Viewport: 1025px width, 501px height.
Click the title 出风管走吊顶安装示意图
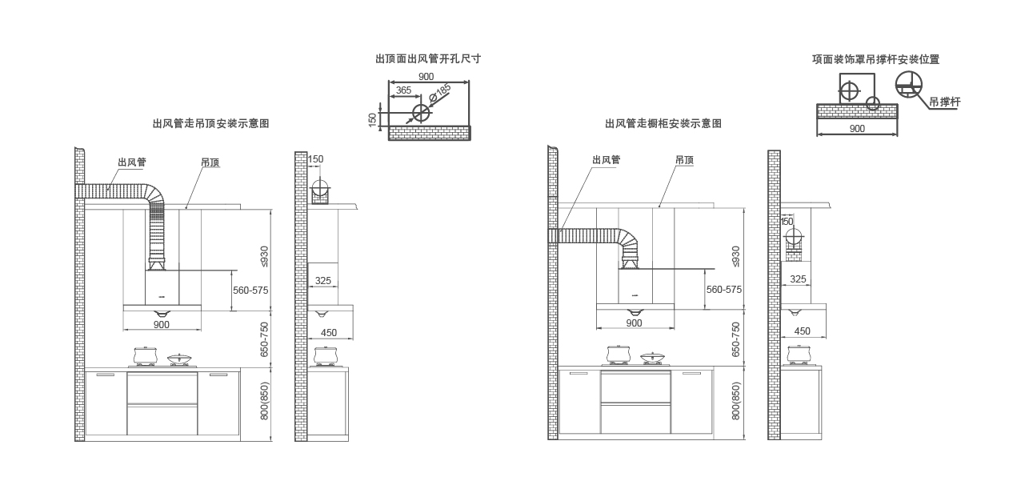click(211, 123)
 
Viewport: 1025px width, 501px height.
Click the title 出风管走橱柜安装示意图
click(663, 123)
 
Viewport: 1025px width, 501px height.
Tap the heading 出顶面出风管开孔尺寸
click(428, 59)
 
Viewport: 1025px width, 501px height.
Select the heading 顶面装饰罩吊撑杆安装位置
click(876, 59)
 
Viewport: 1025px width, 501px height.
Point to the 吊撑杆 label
click(944, 102)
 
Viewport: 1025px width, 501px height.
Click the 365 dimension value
click(403, 90)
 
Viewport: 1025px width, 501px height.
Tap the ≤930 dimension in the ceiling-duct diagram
click(264, 256)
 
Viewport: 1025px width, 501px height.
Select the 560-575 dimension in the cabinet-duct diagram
click(724, 290)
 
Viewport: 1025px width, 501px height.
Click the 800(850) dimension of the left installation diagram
click(264, 401)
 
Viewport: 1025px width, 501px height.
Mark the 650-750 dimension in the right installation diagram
click(735, 339)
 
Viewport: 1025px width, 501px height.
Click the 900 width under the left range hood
click(162, 324)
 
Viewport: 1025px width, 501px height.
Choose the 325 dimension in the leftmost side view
click(323, 280)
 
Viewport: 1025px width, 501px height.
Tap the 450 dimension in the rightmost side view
click(802, 331)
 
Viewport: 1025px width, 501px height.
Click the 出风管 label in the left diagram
click(132, 162)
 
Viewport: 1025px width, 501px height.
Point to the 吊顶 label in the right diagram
click(685, 160)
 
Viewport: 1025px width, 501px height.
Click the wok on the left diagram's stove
click(179, 359)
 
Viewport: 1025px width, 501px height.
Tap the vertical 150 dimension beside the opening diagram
click(372, 120)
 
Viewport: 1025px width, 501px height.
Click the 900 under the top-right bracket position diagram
click(857, 129)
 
